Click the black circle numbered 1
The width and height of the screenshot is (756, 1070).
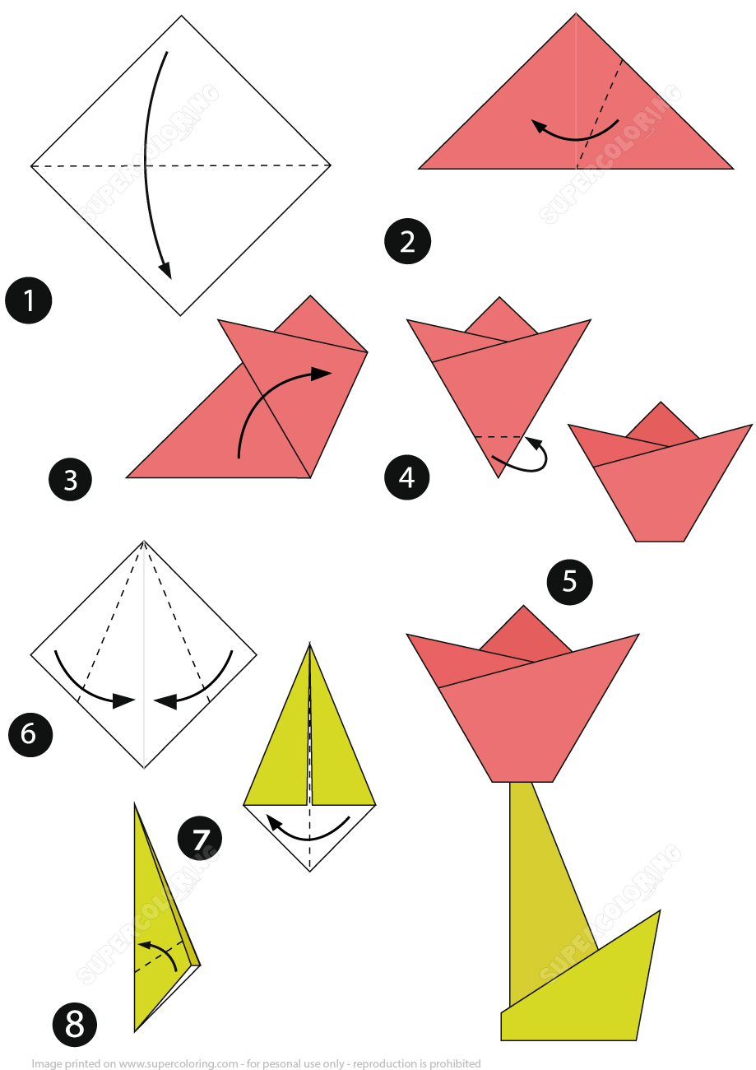29,300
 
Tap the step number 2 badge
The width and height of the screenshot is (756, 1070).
407,241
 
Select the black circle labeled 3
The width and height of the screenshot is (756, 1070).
70,479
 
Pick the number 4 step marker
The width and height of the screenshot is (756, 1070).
407,477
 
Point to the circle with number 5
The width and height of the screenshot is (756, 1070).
569,581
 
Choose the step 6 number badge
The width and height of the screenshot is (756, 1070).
30,733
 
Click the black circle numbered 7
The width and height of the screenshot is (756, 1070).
200,839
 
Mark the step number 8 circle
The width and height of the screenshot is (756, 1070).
74,1025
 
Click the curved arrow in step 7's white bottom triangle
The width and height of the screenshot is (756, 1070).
308,831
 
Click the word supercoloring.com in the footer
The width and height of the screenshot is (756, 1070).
179,1063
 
